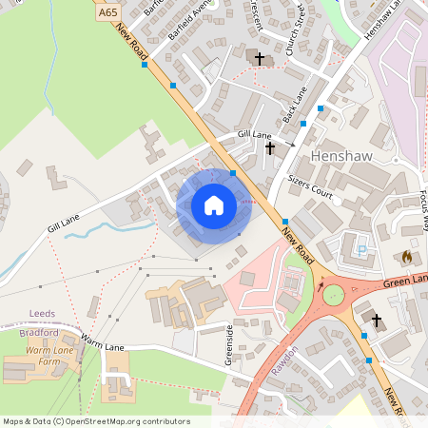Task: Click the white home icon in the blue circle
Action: pos(214,205)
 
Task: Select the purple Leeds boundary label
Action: pos(43,313)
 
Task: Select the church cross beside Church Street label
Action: pos(259,58)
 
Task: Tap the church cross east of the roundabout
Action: pos(376,320)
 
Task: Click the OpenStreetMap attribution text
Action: pos(96,421)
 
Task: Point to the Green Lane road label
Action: pos(406,278)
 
